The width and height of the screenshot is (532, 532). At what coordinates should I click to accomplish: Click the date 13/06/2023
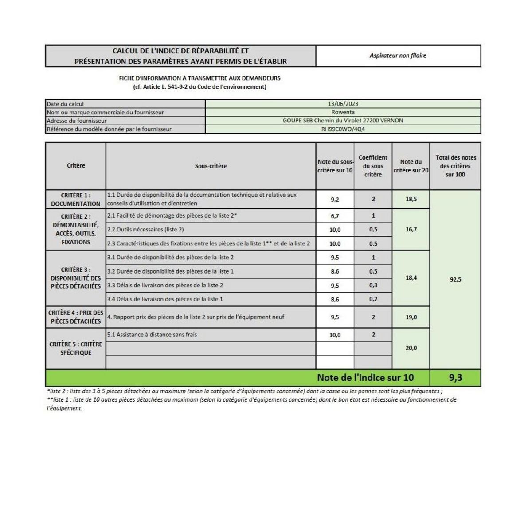pos(343,104)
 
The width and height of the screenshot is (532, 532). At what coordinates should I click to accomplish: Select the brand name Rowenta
pos(343,112)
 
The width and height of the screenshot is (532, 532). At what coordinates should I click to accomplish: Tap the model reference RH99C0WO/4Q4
pos(343,129)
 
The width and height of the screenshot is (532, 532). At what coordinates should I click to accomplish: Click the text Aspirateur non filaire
pos(398,55)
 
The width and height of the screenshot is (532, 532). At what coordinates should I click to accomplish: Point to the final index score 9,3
pos(455,378)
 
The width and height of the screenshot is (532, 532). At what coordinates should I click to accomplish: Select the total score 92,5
pos(455,280)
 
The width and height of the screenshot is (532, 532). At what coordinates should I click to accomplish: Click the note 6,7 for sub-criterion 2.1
pos(335,216)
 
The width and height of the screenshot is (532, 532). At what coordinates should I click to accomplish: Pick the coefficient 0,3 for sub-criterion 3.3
pos(373,286)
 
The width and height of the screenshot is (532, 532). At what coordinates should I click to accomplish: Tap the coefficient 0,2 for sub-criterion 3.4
pos(373,299)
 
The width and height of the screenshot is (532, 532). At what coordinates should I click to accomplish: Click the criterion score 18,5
pos(411,199)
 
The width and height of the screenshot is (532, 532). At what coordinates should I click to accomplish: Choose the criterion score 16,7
pos(411,230)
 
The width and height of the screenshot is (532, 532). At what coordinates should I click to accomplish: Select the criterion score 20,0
pos(411,348)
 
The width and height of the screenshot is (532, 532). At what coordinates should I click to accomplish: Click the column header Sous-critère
pos(211,166)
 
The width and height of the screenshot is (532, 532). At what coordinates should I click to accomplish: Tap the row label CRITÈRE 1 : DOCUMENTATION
pos(76,199)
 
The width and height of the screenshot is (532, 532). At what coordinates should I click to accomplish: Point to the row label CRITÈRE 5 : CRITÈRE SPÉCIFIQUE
pos(76,348)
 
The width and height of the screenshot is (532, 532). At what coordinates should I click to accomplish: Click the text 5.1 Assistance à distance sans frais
pos(152,335)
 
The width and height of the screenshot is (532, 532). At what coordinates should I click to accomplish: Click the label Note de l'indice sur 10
pos(365,378)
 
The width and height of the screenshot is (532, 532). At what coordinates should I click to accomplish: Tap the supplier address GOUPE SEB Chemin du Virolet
pos(343,121)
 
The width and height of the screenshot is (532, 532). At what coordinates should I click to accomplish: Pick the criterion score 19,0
pos(411,317)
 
